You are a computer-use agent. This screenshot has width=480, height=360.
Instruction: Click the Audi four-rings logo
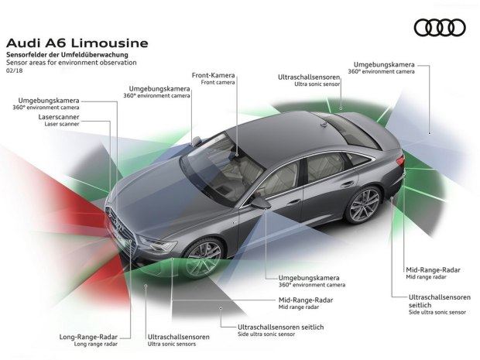439,28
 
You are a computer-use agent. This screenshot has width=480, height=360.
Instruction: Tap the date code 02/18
15,70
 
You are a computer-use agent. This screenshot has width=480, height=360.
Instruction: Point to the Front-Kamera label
213,76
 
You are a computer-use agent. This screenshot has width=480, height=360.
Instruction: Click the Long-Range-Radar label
87,337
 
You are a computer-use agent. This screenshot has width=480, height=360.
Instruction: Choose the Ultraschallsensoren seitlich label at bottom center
281,327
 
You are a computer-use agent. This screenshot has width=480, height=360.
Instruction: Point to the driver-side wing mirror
259,201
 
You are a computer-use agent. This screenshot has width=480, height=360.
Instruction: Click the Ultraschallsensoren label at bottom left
178,337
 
